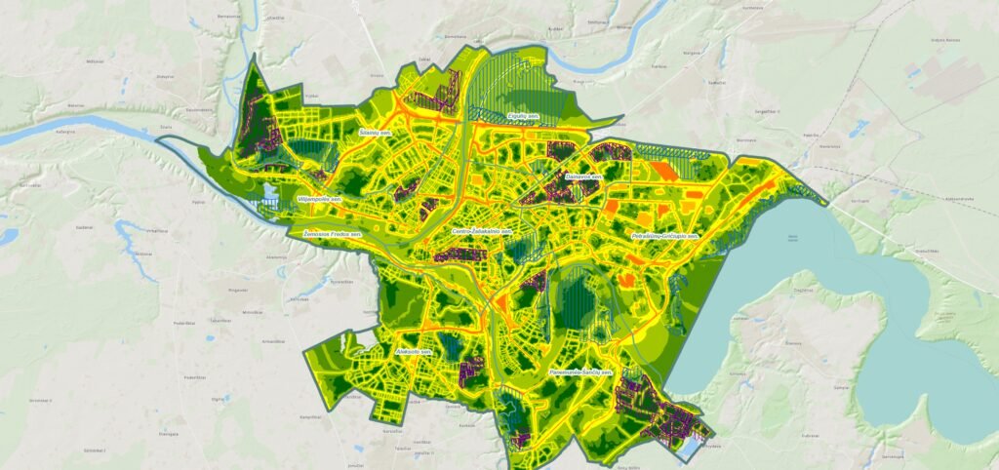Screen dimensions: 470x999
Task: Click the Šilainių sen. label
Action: point(375,130)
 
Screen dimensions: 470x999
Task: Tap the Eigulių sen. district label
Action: point(523,116)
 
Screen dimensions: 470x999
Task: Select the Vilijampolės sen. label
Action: point(319,199)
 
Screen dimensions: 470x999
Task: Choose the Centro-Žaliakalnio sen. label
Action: point(482,231)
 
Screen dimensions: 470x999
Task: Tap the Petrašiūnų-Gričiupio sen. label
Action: point(666,236)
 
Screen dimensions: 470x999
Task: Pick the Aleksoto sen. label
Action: point(413,350)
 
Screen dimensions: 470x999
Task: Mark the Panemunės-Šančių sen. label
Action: point(579,372)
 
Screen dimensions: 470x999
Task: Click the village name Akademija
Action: point(277,257)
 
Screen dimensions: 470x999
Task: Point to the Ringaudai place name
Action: point(236,290)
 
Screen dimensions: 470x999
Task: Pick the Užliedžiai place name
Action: point(275,18)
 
